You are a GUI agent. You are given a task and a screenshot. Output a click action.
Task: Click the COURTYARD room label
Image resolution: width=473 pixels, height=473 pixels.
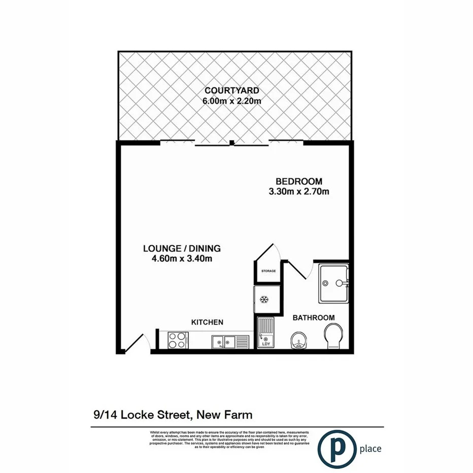pos(232,91)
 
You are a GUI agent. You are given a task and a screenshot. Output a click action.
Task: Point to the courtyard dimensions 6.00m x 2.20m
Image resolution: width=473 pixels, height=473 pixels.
pos(232,100)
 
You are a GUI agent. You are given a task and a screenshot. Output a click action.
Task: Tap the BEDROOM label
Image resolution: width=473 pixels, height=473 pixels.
pos(299,182)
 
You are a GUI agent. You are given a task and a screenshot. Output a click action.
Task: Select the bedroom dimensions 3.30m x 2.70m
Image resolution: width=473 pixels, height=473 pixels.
pos(299,192)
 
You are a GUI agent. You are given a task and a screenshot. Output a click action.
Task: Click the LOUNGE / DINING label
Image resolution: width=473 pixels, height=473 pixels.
pos(182,249)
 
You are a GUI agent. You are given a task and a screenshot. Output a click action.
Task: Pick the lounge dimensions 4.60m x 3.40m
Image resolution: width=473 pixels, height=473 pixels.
pos(182,259)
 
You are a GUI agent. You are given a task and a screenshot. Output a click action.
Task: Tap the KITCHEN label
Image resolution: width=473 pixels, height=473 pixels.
pos(207,322)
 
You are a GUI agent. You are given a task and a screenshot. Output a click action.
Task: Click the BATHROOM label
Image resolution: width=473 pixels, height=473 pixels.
pos(314,318)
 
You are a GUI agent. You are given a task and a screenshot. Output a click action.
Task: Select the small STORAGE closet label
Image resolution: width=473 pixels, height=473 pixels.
pos(268,271)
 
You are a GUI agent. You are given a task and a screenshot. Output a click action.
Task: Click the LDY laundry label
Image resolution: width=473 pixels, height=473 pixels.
pos(265,344)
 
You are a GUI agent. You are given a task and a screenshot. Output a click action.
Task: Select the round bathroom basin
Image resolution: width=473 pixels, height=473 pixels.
pos(298,342)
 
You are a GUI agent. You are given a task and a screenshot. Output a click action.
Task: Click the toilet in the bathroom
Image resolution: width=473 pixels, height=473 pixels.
pos(334,337)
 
